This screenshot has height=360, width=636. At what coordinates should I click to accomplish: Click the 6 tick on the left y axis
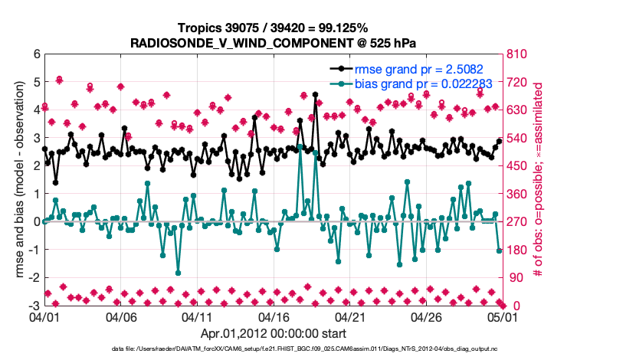point(36,54)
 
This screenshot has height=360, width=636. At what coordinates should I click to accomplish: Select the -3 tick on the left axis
point(34,306)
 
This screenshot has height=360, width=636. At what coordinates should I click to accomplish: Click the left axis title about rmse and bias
point(17,180)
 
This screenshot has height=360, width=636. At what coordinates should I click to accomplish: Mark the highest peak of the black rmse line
point(315,95)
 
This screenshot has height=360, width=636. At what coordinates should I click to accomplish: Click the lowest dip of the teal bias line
point(178,273)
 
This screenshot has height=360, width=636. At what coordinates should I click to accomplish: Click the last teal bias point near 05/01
point(499,250)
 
